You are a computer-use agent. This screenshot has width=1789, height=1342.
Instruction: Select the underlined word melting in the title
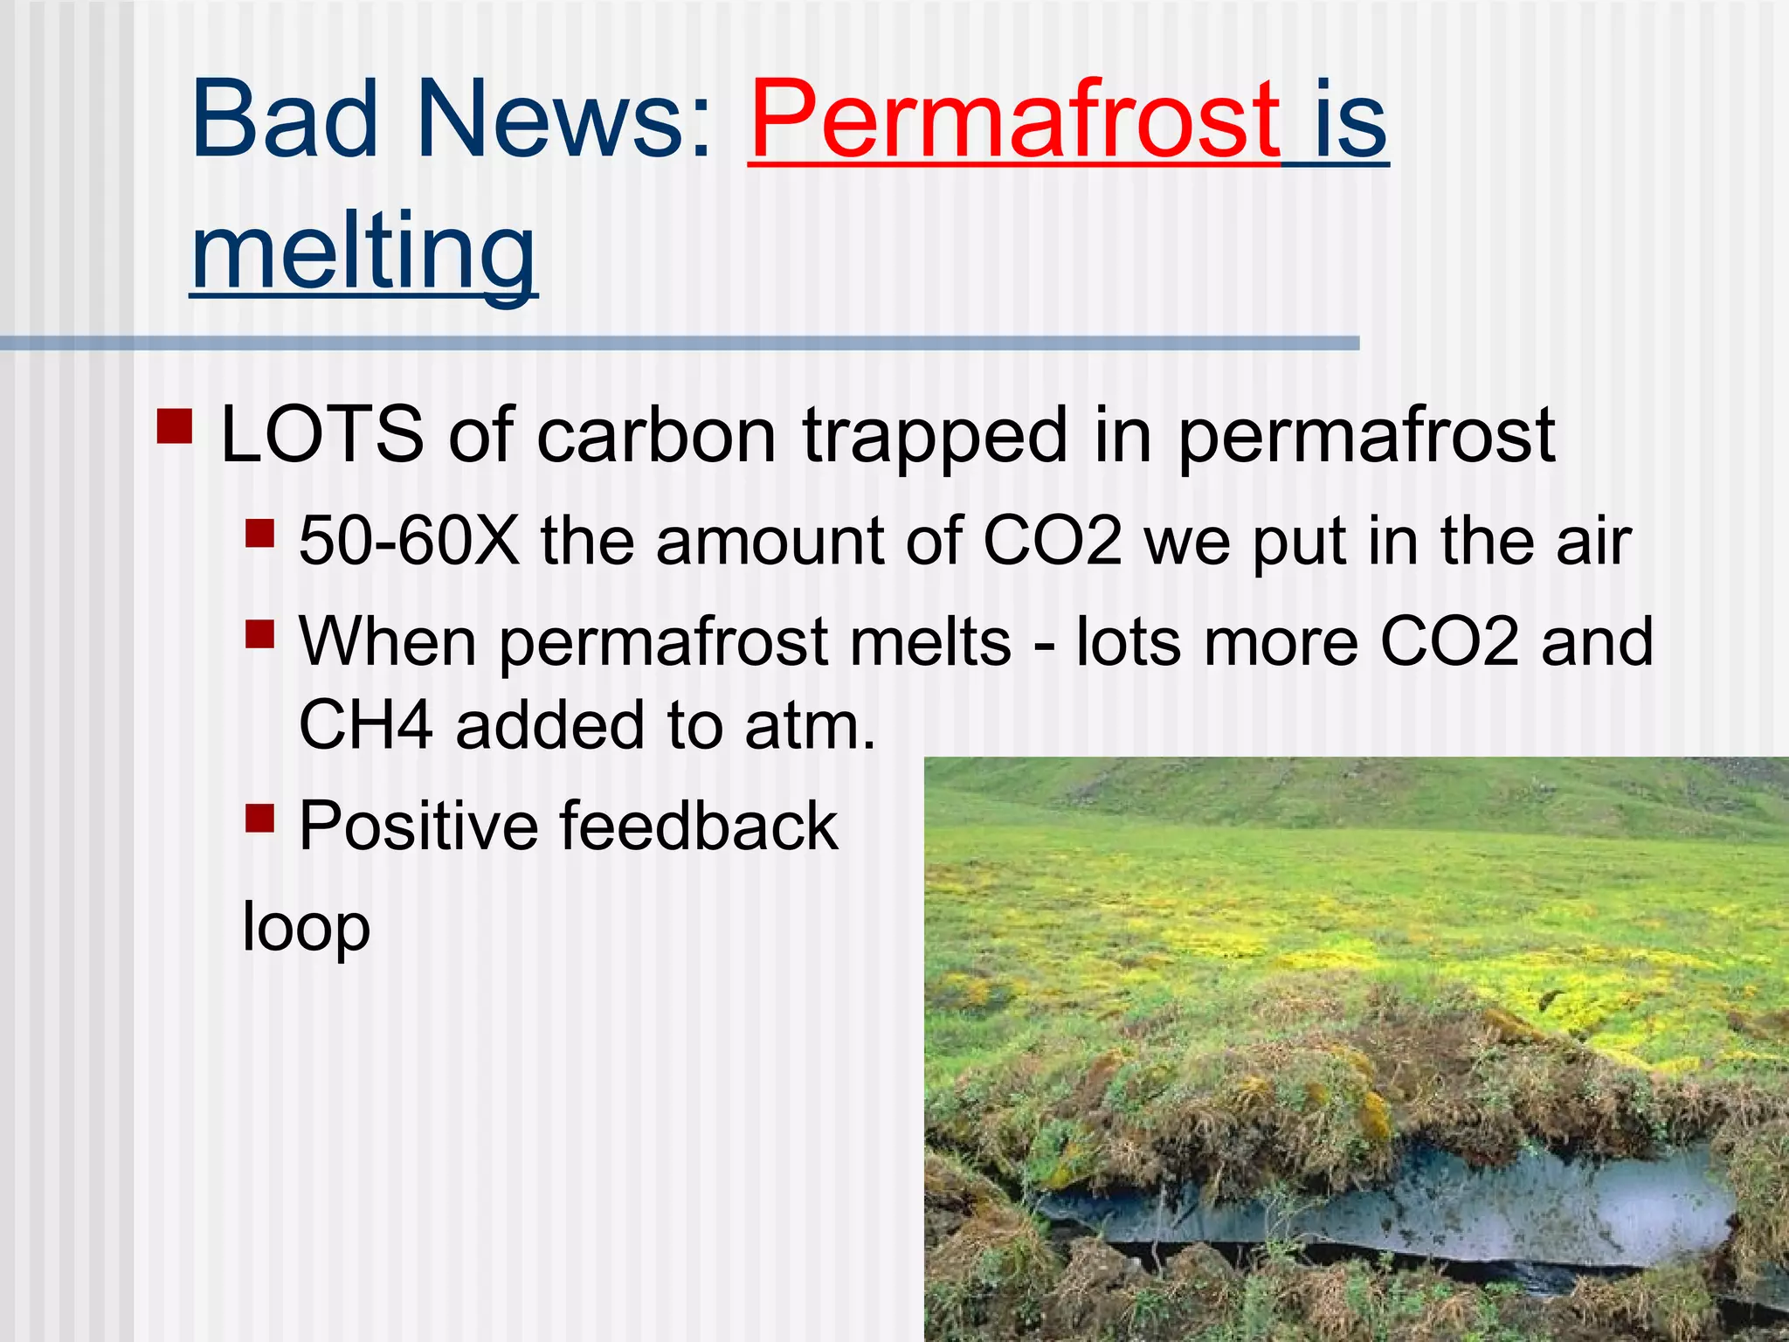pos(363,253)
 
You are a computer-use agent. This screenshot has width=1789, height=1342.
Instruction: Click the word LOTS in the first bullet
pos(321,434)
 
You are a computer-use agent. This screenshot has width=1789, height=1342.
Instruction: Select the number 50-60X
pos(408,541)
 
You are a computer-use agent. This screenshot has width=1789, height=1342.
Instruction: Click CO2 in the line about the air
pos(1052,541)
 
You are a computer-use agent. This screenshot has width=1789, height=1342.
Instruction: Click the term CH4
pos(365,725)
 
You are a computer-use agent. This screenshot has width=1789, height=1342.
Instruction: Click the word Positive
pos(418,826)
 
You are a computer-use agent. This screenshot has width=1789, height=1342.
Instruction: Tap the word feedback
pos(698,826)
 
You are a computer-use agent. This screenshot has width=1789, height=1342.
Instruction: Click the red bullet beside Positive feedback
pos(259,818)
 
